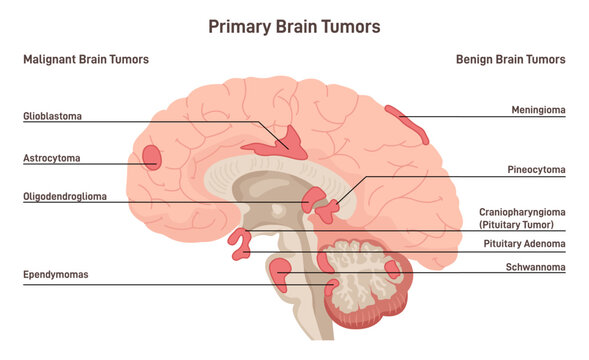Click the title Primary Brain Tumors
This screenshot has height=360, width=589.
[294, 26]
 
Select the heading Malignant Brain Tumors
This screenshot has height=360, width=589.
[86, 60]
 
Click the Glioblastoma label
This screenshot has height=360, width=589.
[52, 116]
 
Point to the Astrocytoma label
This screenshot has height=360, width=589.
[52, 158]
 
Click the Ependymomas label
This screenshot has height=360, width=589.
[57, 273]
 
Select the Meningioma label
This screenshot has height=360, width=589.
[536, 110]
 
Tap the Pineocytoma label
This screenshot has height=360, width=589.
[536, 171]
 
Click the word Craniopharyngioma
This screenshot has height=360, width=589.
[521, 212]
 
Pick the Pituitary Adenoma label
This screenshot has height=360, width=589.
[524, 243]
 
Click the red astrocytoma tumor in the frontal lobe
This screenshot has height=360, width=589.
[152, 157]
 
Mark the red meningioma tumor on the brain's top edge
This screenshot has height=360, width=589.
[409, 124]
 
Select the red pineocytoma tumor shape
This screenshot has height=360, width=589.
[329, 209]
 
